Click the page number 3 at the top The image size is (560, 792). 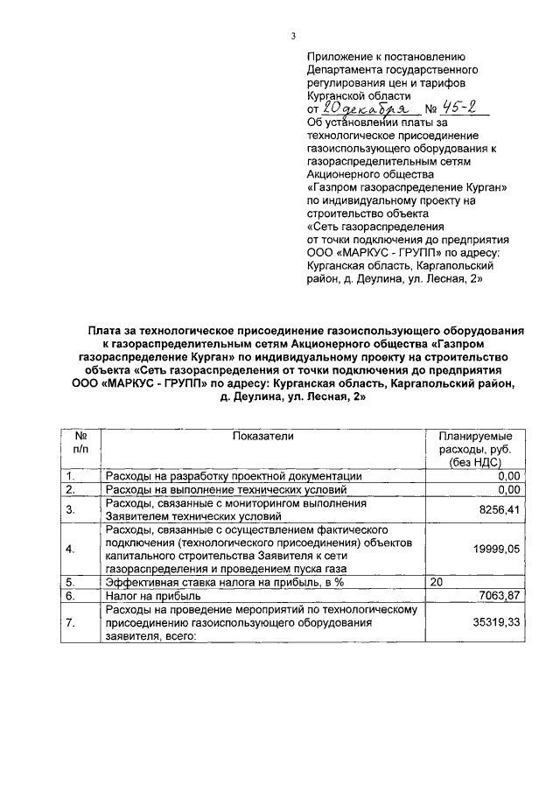click(294, 35)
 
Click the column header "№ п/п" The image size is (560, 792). click(80, 442)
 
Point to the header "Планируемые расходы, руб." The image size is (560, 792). click(476, 442)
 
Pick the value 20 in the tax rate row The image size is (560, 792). click(436, 581)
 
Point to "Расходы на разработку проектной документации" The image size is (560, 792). click(234, 475)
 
